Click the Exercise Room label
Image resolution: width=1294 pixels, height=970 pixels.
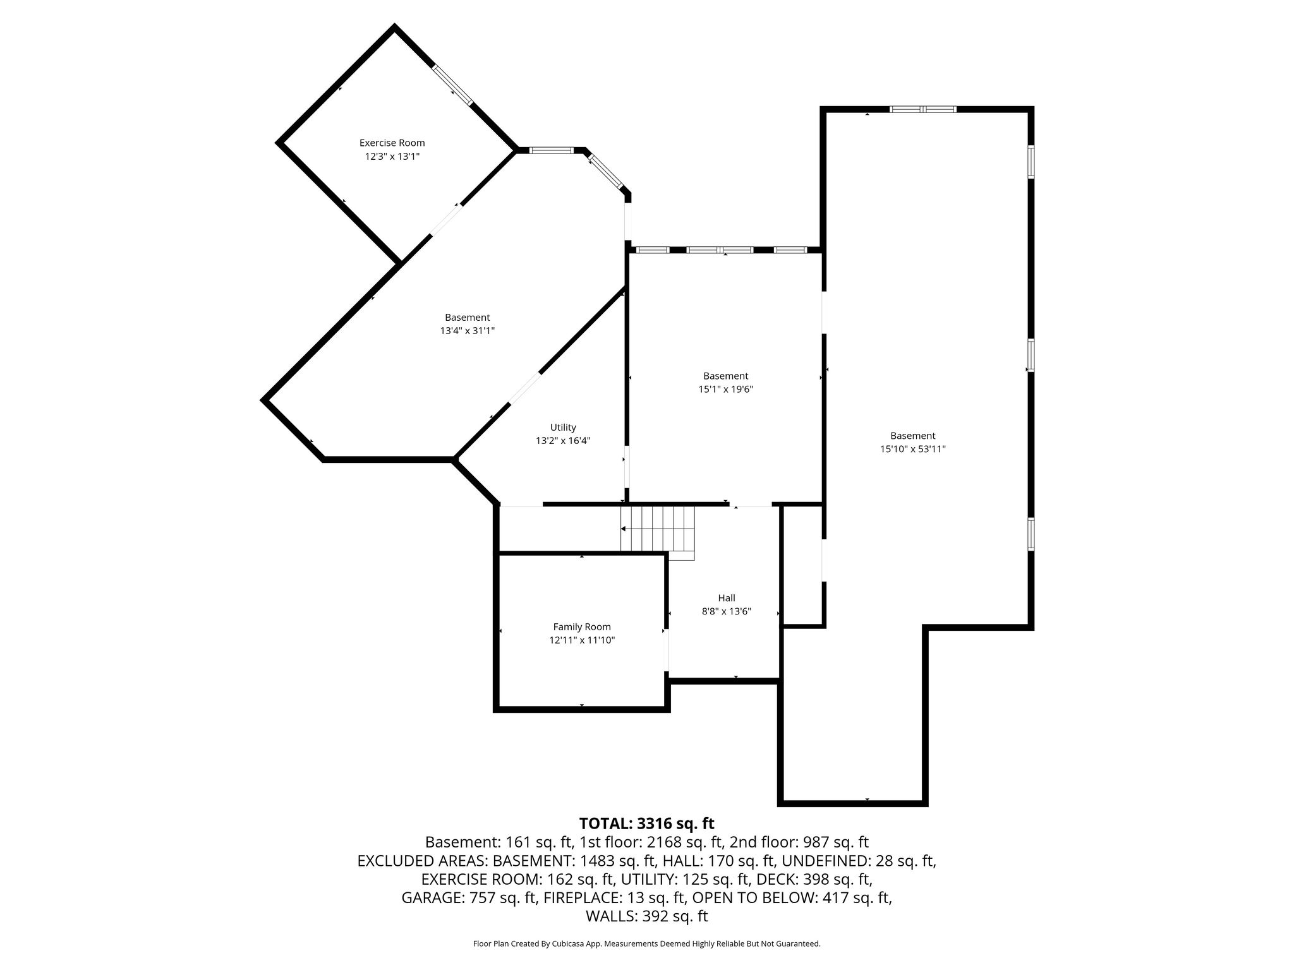[x=392, y=143]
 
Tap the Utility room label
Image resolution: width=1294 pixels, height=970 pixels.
[x=563, y=428]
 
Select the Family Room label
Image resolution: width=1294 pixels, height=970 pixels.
[x=582, y=627]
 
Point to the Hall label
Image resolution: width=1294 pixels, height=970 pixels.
[x=727, y=598]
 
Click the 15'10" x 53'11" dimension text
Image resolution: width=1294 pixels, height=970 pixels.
[x=913, y=449]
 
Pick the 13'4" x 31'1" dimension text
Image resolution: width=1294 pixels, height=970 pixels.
[x=468, y=331]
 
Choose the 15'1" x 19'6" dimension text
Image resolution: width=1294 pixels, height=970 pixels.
[x=726, y=390]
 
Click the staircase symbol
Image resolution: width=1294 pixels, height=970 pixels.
[x=658, y=530]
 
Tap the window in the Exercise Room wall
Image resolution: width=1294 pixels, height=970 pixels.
[x=452, y=85]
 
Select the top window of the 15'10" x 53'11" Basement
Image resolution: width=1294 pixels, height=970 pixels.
[x=923, y=109]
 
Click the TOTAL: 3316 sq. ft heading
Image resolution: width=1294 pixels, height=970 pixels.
[x=647, y=823]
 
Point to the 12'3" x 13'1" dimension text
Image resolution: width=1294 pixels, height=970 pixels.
[x=392, y=156]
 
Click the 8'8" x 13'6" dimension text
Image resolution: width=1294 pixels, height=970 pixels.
[x=727, y=611]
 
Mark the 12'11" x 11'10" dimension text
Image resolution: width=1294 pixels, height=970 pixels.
[x=582, y=640]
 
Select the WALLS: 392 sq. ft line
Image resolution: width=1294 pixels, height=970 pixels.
[x=647, y=916]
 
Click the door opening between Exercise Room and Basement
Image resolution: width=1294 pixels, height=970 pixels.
[x=446, y=220]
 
